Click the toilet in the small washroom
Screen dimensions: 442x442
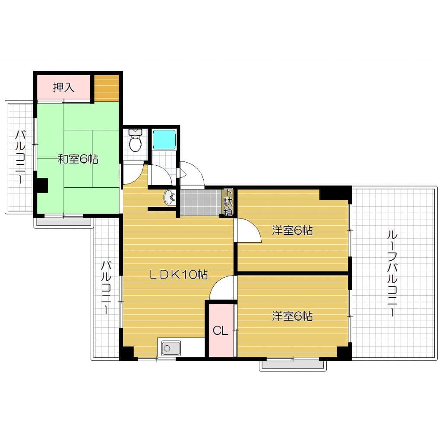(x=135, y=142)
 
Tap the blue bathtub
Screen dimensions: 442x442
(x=164, y=139)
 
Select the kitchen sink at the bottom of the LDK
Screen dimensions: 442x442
(x=171, y=348)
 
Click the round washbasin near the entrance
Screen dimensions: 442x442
(x=170, y=198)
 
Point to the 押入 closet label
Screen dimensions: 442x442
(x=64, y=88)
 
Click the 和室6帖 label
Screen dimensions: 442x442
(x=78, y=159)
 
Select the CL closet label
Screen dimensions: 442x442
(x=221, y=331)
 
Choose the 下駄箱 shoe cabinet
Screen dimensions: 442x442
(x=228, y=202)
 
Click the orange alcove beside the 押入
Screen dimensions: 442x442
(x=106, y=88)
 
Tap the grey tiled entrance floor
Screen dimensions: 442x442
(x=200, y=202)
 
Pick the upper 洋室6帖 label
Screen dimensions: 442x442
(x=292, y=230)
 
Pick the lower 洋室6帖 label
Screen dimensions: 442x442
(x=292, y=316)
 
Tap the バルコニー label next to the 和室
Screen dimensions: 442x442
(x=20, y=157)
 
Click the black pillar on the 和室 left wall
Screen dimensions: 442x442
(x=42, y=186)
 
